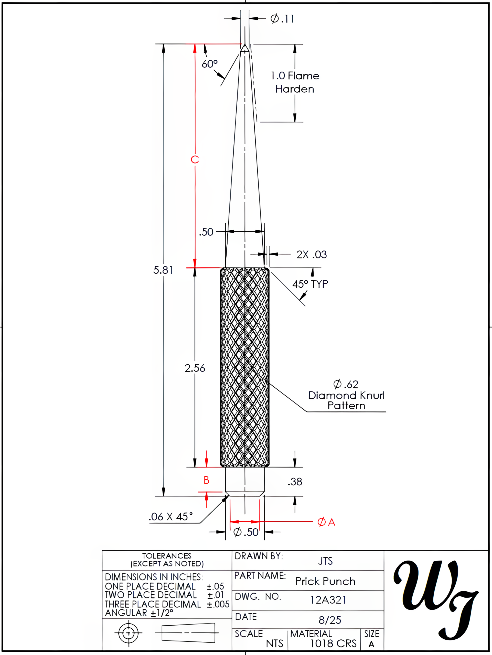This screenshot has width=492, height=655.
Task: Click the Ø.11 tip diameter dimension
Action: [x=282, y=19]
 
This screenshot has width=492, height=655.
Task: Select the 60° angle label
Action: [x=209, y=64]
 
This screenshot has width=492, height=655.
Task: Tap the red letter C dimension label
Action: [x=195, y=160]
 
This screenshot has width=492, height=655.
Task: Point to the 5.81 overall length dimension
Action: [x=163, y=270]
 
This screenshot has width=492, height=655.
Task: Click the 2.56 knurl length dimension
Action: [x=195, y=368]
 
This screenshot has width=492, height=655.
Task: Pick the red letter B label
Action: [x=207, y=480]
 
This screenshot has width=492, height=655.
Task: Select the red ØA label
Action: [x=326, y=522]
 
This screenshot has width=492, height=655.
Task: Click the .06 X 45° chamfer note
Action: [x=171, y=517]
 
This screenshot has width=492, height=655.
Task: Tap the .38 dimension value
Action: [x=295, y=482]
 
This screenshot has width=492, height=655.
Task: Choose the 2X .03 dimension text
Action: [x=312, y=255]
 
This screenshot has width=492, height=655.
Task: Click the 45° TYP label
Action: [x=310, y=284]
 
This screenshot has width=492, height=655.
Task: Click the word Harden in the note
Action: [x=295, y=89]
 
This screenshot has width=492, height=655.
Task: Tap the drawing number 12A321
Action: [x=328, y=600]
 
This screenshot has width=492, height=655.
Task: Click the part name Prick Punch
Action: [x=325, y=582]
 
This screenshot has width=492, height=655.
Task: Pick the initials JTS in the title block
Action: [x=325, y=561]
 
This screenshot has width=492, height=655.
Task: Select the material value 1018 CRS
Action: [x=333, y=644]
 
